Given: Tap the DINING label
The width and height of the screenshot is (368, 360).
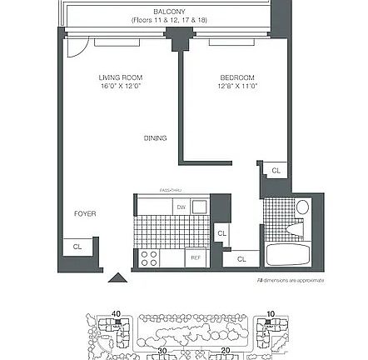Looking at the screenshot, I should (x=155, y=138).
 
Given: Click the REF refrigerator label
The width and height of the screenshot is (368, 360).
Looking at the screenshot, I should (x=196, y=259).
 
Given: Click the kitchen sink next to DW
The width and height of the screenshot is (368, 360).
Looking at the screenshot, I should (x=199, y=206).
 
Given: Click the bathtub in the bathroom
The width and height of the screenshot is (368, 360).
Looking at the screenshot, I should (x=286, y=253).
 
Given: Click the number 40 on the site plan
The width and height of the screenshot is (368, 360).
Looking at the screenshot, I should (x=117, y=314).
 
